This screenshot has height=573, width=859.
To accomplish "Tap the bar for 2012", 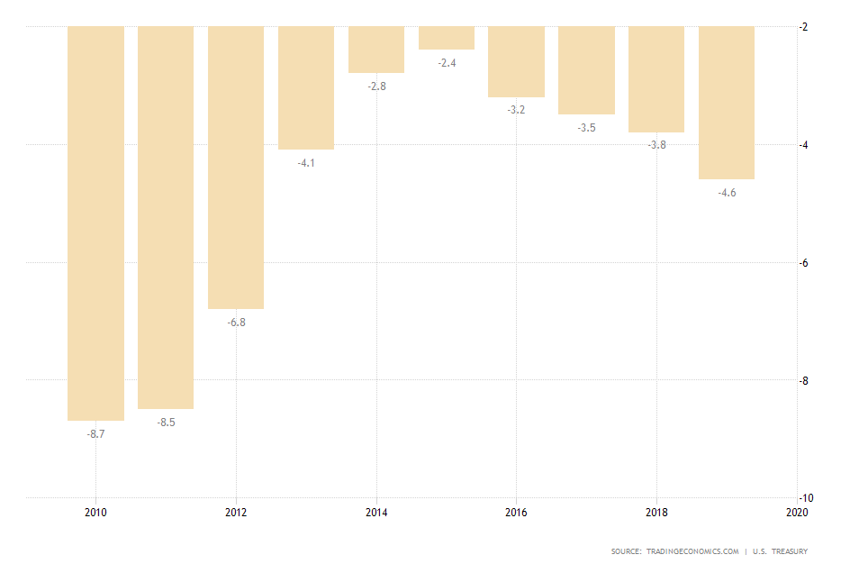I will (236, 167).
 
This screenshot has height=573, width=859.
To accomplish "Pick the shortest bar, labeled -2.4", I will (447, 38).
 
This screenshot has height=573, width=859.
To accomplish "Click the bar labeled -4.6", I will (727, 103).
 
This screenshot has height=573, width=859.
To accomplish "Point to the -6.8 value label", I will (236, 322).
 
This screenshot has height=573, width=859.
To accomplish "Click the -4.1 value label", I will (306, 163).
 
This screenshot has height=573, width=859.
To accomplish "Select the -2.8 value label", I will (376, 86).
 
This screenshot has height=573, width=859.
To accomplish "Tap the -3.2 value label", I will (517, 110).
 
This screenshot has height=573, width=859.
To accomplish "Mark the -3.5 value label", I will (587, 128).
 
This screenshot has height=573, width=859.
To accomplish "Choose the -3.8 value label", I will (657, 145).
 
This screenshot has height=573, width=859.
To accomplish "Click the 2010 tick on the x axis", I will (95, 513).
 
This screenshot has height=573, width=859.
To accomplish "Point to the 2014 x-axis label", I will (376, 513).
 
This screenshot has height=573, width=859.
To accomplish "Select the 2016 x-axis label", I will (517, 513).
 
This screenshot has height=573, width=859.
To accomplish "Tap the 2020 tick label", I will (797, 513).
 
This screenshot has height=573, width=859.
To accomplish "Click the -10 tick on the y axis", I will (806, 498).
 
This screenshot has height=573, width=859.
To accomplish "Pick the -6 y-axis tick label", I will (804, 263).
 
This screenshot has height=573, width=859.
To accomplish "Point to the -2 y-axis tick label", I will (804, 27).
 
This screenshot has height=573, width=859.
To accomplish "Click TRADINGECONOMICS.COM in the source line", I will (692, 551).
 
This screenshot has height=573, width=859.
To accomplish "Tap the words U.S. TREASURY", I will (781, 551).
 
